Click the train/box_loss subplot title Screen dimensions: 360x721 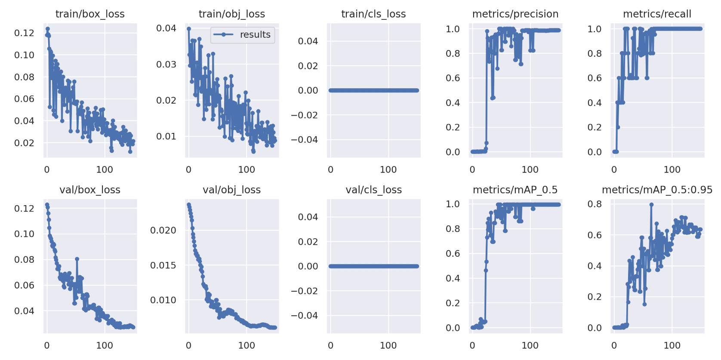pyautogui.click(x=90, y=14)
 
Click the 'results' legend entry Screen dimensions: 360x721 pyautogui.click(x=255, y=35)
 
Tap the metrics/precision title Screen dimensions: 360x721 pyautogui.click(x=515, y=14)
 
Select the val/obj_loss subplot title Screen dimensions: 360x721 pyautogui.click(x=231, y=190)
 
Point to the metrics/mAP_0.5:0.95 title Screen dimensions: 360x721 pyautogui.click(x=657, y=190)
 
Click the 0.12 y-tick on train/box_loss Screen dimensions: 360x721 pyautogui.click(x=24, y=33)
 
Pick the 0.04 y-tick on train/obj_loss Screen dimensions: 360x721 pyautogui.click(x=166, y=28)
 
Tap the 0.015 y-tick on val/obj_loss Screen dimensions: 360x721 pyautogui.click(x=163, y=265)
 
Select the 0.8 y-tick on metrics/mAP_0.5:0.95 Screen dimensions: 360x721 pyautogui.click(x=595, y=204)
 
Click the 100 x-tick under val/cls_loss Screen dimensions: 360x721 pyautogui.click(x=388, y=345)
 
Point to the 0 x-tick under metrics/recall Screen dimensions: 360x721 pyautogui.click(x=614, y=169)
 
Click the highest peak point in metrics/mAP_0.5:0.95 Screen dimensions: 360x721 pyautogui.click(x=651, y=205)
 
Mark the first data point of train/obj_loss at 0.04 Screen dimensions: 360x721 pyautogui.click(x=189, y=29)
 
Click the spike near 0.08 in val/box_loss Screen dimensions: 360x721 pyautogui.click(x=77, y=259)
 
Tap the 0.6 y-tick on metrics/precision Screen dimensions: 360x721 pyautogui.click(x=453, y=78)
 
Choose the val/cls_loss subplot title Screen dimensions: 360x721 pyautogui.click(x=373, y=190)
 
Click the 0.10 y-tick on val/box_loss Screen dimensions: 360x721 pyautogui.click(x=24, y=234)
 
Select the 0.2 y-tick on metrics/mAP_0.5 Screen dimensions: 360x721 pyautogui.click(x=453, y=303)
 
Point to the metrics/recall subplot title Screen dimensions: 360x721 pyautogui.click(x=657, y=14)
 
